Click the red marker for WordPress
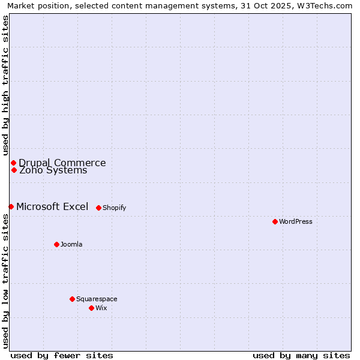(x=275, y=221)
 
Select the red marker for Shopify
(x=98, y=208)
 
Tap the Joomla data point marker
(x=56, y=244)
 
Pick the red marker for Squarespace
(x=72, y=299)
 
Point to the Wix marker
(x=91, y=308)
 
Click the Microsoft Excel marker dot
(x=11, y=206)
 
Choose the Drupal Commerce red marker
(x=13, y=163)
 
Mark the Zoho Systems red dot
(x=14, y=170)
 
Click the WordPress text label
(x=296, y=221)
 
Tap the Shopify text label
(x=114, y=208)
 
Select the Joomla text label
(x=71, y=244)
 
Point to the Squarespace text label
(x=97, y=299)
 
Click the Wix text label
(x=101, y=308)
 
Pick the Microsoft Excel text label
(x=52, y=206)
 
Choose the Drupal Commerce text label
(x=62, y=163)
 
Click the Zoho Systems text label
(x=53, y=170)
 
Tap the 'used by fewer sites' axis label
(x=62, y=355)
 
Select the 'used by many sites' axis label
(x=301, y=355)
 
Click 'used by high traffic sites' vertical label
(x=5, y=85)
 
